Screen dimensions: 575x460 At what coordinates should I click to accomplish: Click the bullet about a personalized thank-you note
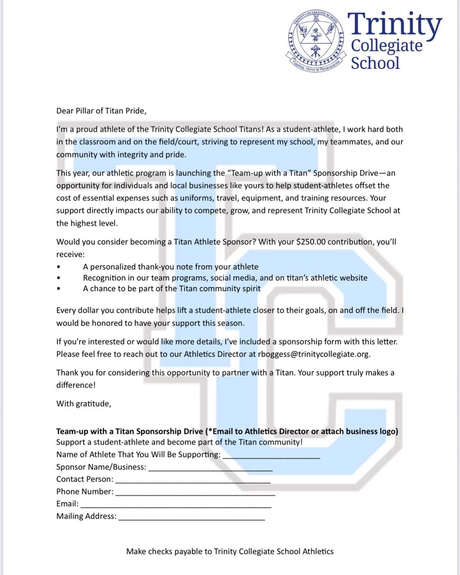click(171, 267)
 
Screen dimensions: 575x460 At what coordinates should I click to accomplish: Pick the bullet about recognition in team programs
click(225, 278)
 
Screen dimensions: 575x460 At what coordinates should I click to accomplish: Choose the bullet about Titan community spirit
click(172, 288)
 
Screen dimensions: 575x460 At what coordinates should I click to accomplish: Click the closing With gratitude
click(83, 403)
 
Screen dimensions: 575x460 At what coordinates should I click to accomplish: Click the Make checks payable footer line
click(230, 552)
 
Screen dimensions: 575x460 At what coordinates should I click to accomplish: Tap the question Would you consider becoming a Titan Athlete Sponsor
click(156, 242)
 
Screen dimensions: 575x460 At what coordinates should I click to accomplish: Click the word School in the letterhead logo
click(375, 62)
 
